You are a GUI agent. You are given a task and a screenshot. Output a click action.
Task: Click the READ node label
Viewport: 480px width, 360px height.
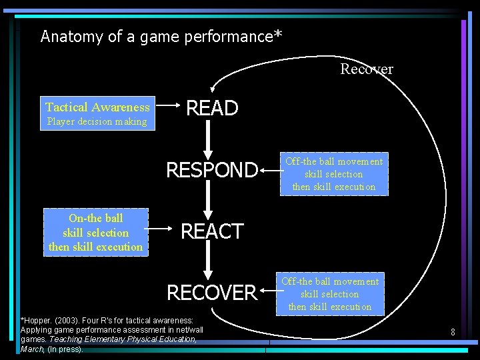pyautogui.click(x=211, y=108)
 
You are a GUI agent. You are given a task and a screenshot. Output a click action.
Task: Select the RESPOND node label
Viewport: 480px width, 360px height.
pyautogui.click(x=211, y=171)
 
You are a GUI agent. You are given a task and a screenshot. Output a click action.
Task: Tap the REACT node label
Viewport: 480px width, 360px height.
pyautogui.click(x=212, y=231)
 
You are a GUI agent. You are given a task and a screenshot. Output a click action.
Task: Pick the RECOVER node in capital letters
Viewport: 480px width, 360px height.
pyautogui.click(x=211, y=293)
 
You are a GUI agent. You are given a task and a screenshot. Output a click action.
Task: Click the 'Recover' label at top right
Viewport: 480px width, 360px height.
pyautogui.click(x=366, y=69)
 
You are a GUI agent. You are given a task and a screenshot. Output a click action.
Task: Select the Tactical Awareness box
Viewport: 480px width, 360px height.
pyautogui.click(x=97, y=113)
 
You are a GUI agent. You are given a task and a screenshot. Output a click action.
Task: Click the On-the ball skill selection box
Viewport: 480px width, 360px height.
pyautogui.click(x=95, y=232)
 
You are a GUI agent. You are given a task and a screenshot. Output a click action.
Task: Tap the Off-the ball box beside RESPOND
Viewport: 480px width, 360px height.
pyautogui.click(x=333, y=174)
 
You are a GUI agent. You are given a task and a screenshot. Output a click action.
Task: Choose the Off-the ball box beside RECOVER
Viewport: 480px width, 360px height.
pyautogui.click(x=329, y=294)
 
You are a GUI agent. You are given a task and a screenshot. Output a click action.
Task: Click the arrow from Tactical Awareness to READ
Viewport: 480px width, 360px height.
pyautogui.click(x=169, y=105)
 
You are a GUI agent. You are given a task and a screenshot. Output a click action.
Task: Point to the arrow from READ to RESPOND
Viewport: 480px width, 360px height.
pyautogui.click(x=209, y=139)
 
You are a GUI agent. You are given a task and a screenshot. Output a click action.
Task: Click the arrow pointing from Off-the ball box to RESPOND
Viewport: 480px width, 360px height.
pyautogui.click(x=270, y=171)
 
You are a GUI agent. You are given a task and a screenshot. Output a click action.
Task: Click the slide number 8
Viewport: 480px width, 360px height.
pyautogui.click(x=452, y=331)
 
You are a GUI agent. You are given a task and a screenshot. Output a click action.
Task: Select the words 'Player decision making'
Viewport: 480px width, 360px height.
pyautogui.click(x=96, y=121)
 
